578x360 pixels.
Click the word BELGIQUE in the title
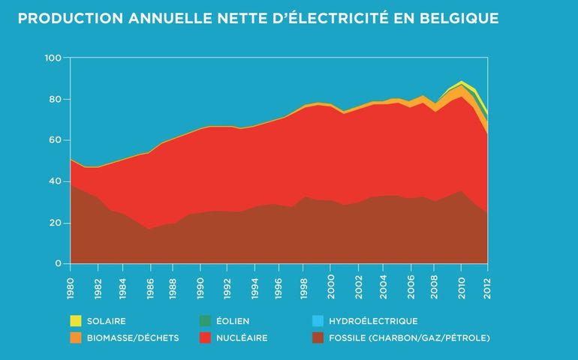(456, 17)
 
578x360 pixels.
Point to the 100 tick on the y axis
(53, 58)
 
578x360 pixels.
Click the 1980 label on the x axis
(70, 283)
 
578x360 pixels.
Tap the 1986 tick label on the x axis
(149, 283)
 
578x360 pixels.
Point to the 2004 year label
(384, 283)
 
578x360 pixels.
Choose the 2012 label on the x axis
(488, 283)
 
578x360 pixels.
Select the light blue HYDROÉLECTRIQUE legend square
(318, 322)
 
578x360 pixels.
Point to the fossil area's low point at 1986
(149, 229)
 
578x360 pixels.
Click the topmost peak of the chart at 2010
(462, 81)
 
